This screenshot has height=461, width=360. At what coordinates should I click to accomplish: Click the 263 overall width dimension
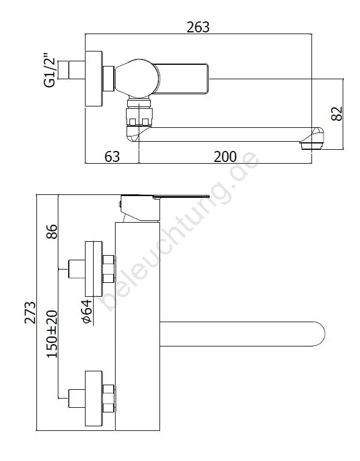point(198,27)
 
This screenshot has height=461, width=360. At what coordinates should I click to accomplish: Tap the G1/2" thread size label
point(49,70)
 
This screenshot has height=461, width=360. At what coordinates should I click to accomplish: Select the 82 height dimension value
point(337,113)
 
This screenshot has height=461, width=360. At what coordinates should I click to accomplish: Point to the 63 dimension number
point(112,156)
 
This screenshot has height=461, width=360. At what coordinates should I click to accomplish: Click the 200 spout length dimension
point(225,156)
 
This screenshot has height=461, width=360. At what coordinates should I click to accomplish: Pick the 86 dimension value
point(52,232)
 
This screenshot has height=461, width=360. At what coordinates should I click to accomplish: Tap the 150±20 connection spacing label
point(52,334)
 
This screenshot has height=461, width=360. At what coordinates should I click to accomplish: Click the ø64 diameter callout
point(87,312)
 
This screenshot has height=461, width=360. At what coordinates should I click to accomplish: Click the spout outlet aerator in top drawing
point(310,146)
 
